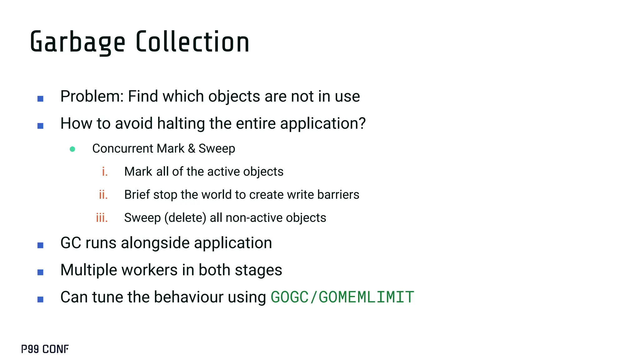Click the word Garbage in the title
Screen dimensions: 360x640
[x=77, y=42]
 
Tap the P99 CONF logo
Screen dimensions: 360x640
[x=45, y=349]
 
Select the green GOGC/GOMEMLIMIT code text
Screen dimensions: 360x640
[x=342, y=297]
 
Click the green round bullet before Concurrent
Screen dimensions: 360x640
[x=72, y=149]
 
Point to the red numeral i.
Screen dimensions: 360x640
[x=105, y=172]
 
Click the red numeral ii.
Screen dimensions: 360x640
[x=103, y=195]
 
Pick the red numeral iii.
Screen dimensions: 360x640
[x=102, y=218]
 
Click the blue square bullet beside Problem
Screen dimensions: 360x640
[x=40, y=99]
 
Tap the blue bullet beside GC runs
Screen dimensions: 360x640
[x=40, y=245]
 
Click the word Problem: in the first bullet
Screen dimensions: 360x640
[x=92, y=96]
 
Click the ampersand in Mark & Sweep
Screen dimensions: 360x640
[x=192, y=149]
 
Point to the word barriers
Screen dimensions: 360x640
[x=338, y=195]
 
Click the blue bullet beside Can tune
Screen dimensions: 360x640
[x=40, y=299]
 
